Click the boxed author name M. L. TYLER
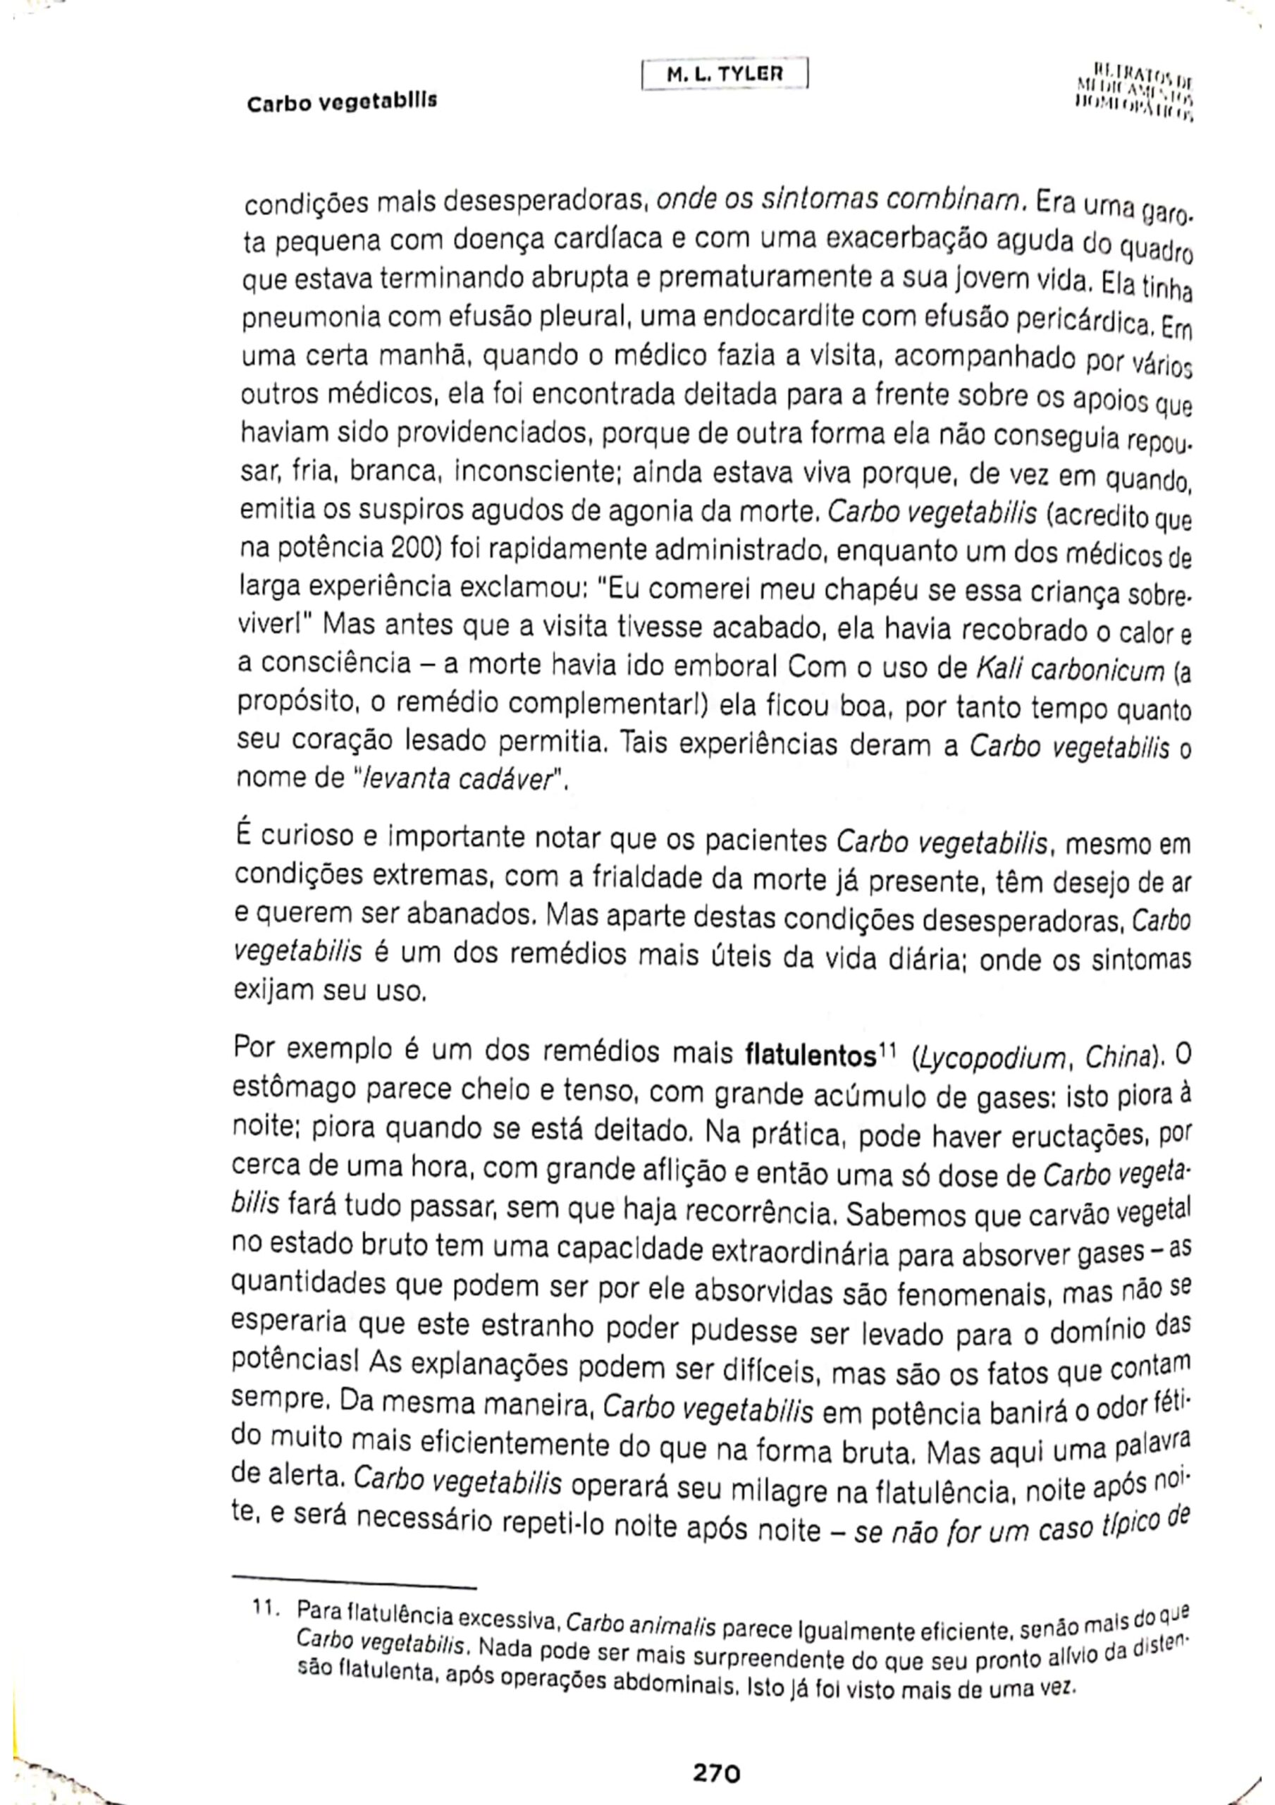click(x=724, y=75)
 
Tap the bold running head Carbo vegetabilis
click(x=342, y=102)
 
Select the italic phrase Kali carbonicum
click(x=1068, y=670)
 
